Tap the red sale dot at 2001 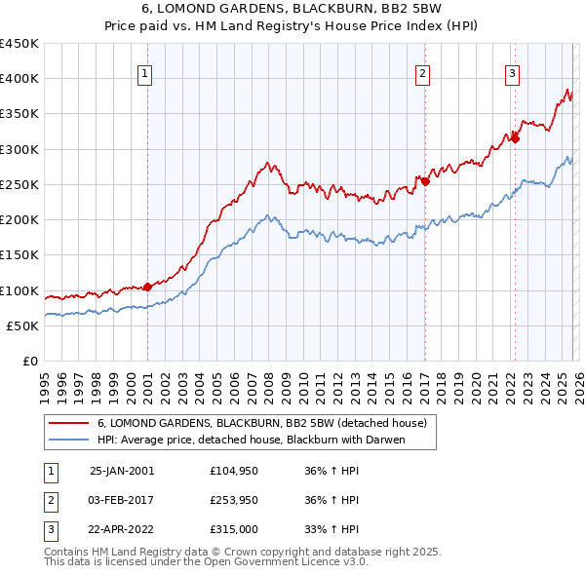[148, 287]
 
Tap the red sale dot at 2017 [425, 181]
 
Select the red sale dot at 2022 [515, 138]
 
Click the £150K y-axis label [19, 255]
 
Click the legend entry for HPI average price [251, 440]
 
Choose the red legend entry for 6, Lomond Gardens [261, 424]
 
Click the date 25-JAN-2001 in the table [122, 470]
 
